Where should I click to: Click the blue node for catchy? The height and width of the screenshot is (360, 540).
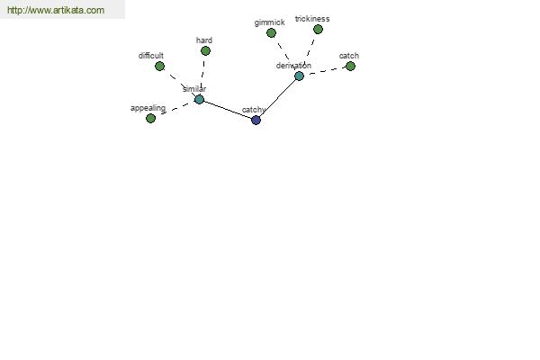click(256, 121)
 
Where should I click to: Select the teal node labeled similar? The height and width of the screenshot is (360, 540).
click(199, 100)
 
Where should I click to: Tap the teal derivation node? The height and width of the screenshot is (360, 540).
click(299, 76)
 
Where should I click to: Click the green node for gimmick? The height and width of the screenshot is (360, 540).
click(271, 32)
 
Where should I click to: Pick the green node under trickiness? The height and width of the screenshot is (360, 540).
click(318, 30)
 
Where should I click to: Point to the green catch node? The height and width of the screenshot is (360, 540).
click(350, 66)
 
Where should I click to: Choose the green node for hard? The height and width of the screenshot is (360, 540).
click(205, 51)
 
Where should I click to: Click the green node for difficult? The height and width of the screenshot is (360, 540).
click(159, 66)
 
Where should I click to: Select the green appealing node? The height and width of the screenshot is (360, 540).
click(150, 119)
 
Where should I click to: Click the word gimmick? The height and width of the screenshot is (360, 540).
click(269, 22)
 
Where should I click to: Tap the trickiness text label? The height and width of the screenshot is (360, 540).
click(312, 19)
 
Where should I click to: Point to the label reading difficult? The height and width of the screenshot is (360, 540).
click(151, 56)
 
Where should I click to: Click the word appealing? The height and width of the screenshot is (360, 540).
click(148, 108)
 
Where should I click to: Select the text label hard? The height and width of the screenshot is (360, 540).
click(204, 40)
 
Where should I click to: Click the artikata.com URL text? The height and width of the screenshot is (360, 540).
click(56, 10)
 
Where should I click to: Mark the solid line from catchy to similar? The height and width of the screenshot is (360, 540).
click(228, 110)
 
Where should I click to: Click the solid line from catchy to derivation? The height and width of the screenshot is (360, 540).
click(277, 98)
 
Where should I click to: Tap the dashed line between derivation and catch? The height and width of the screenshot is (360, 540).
click(325, 71)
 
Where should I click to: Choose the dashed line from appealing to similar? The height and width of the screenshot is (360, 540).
click(175, 109)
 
